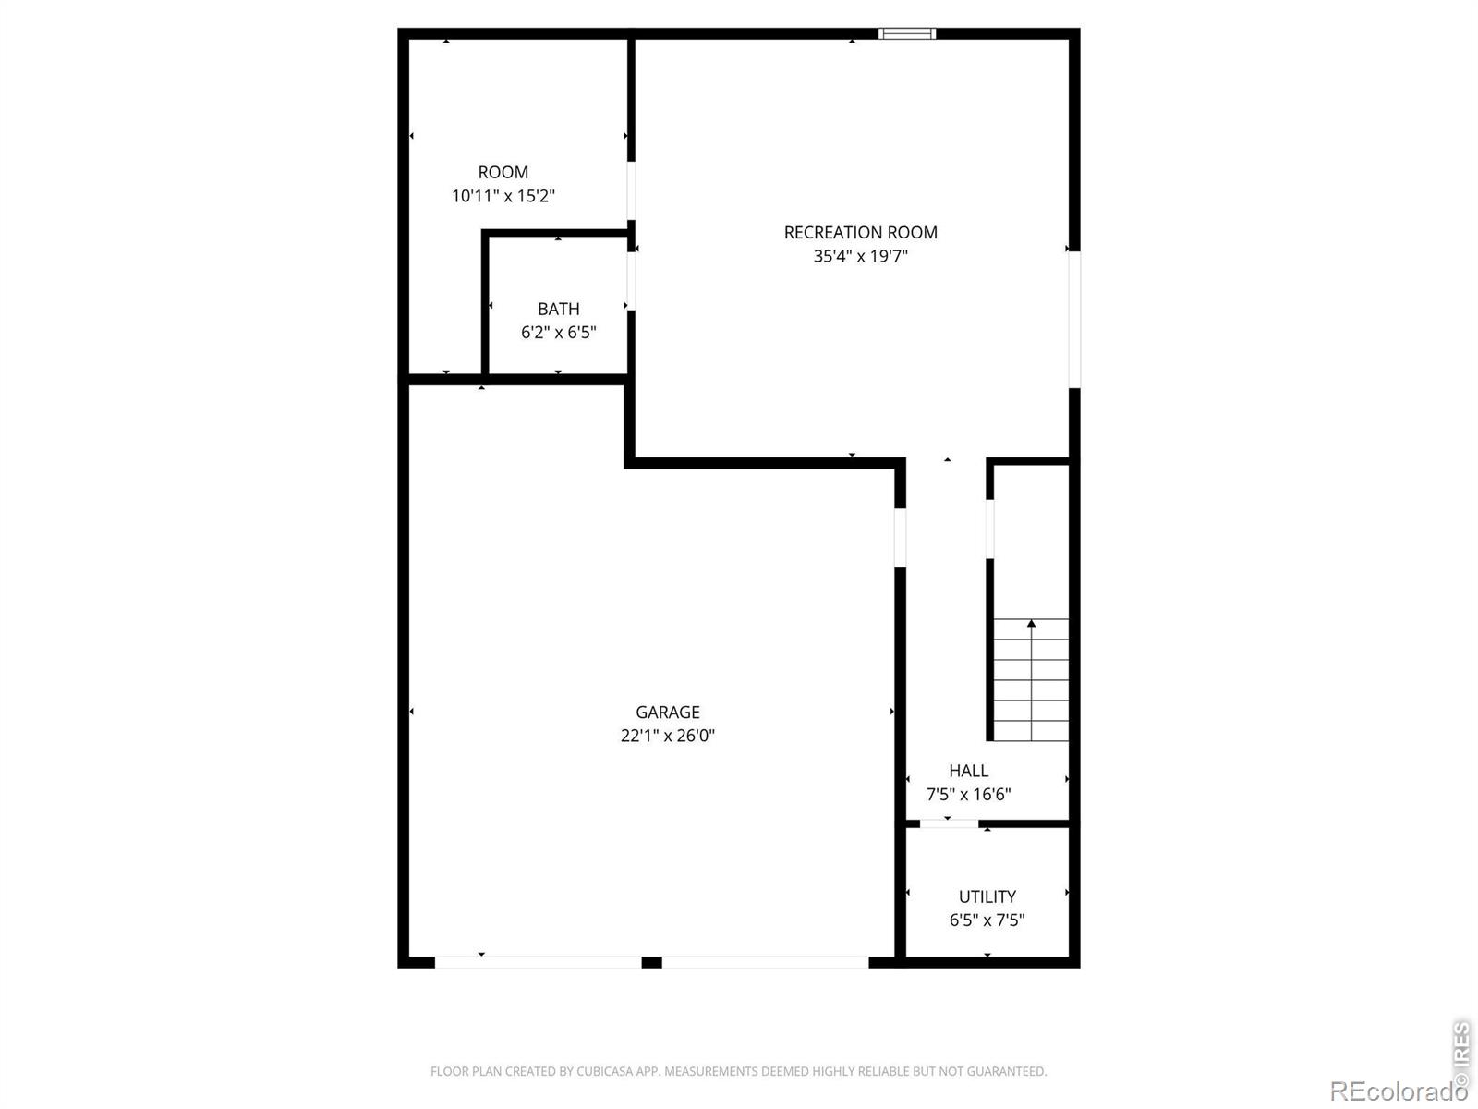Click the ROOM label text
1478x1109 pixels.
[503, 173]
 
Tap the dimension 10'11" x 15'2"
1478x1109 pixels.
[503, 196]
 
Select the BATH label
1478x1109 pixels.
[558, 309]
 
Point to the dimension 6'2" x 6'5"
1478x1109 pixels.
[558, 333]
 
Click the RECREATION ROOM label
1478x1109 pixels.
[861, 233]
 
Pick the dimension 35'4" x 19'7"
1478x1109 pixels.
[861, 257]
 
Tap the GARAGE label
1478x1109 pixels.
[667, 713]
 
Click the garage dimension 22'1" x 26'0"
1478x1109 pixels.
[667, 736]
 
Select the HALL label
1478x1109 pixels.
[968, 771]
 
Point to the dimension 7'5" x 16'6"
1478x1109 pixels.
[968, 795]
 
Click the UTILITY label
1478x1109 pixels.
[987, 896]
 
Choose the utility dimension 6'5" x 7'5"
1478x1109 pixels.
[987, 920]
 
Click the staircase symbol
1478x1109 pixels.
[1031, 680]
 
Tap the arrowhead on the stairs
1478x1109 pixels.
[1031, 624]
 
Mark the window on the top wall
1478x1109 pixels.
[907, 33]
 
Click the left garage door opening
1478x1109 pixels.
[538, 962]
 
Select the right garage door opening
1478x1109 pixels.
[765, 962]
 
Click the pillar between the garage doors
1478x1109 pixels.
[652, 962]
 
